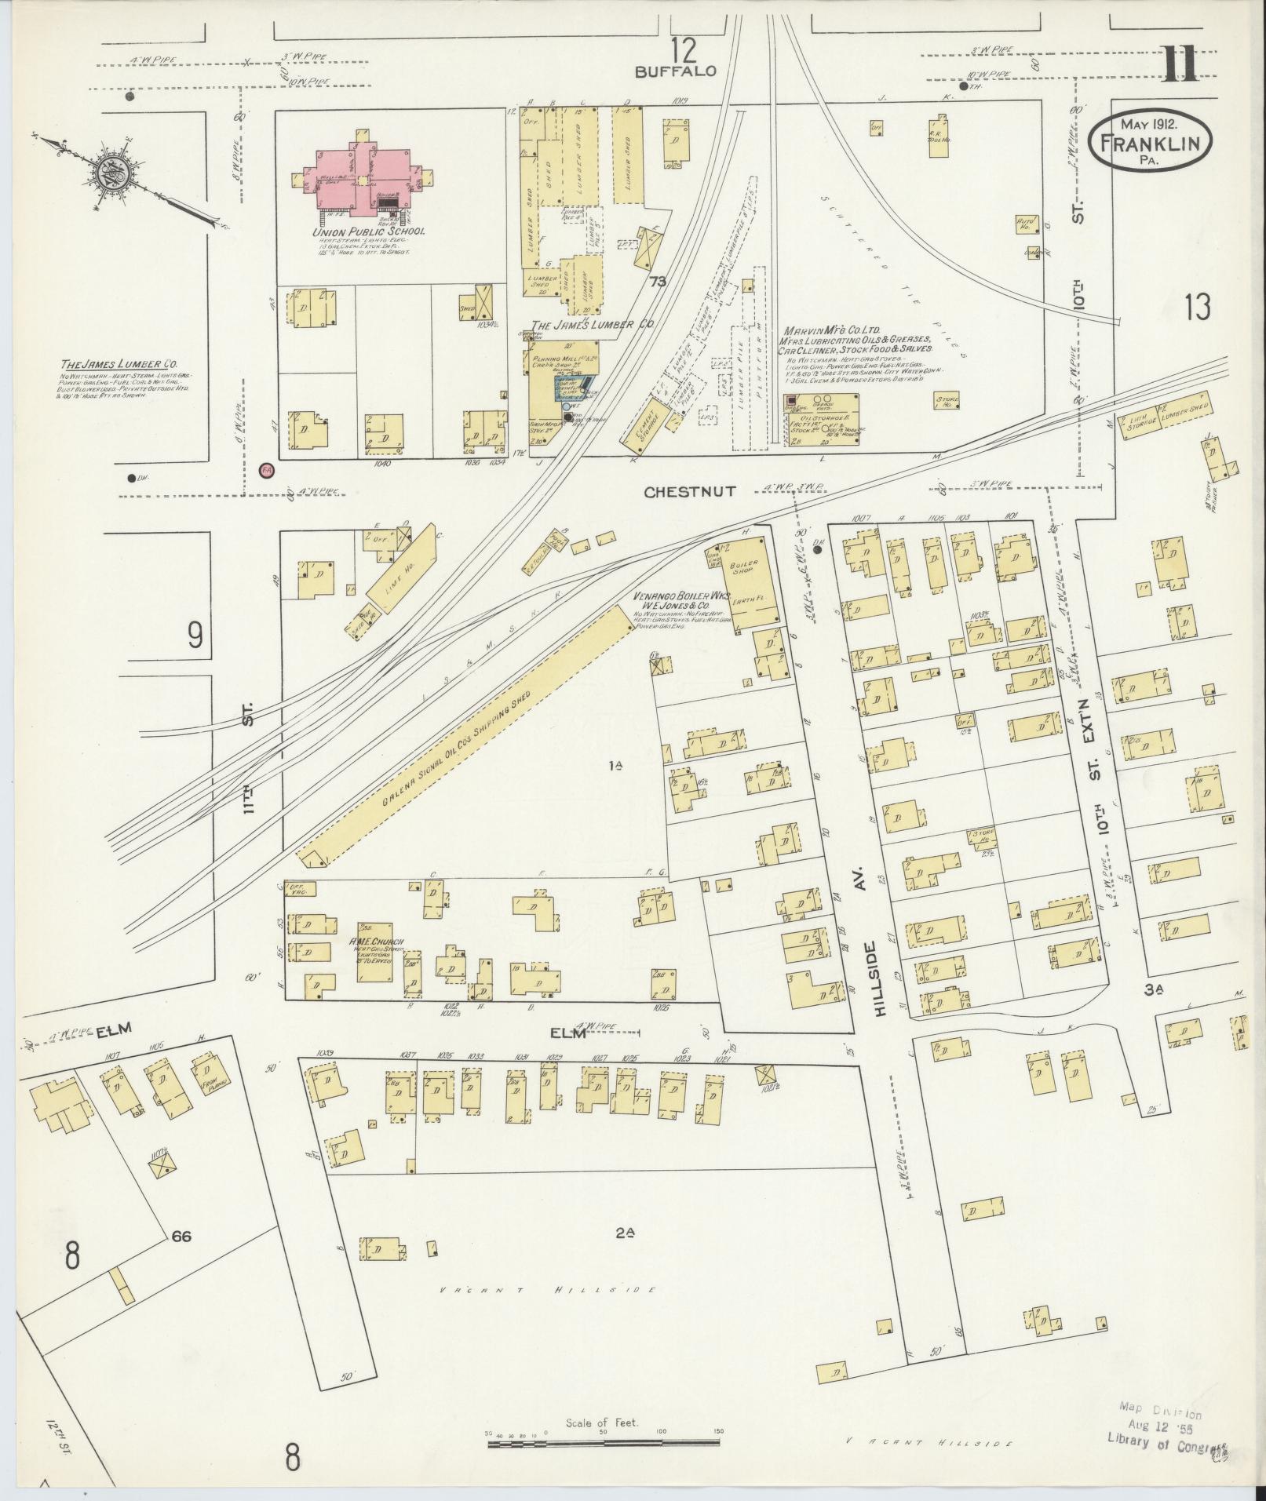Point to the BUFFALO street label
point(676,71)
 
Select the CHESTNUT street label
point(690,492)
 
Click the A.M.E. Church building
point(374,953)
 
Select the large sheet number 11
point(1180,64)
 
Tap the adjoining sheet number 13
point(1198,308)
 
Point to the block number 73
point(657,282)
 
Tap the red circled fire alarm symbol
point(267,470)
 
